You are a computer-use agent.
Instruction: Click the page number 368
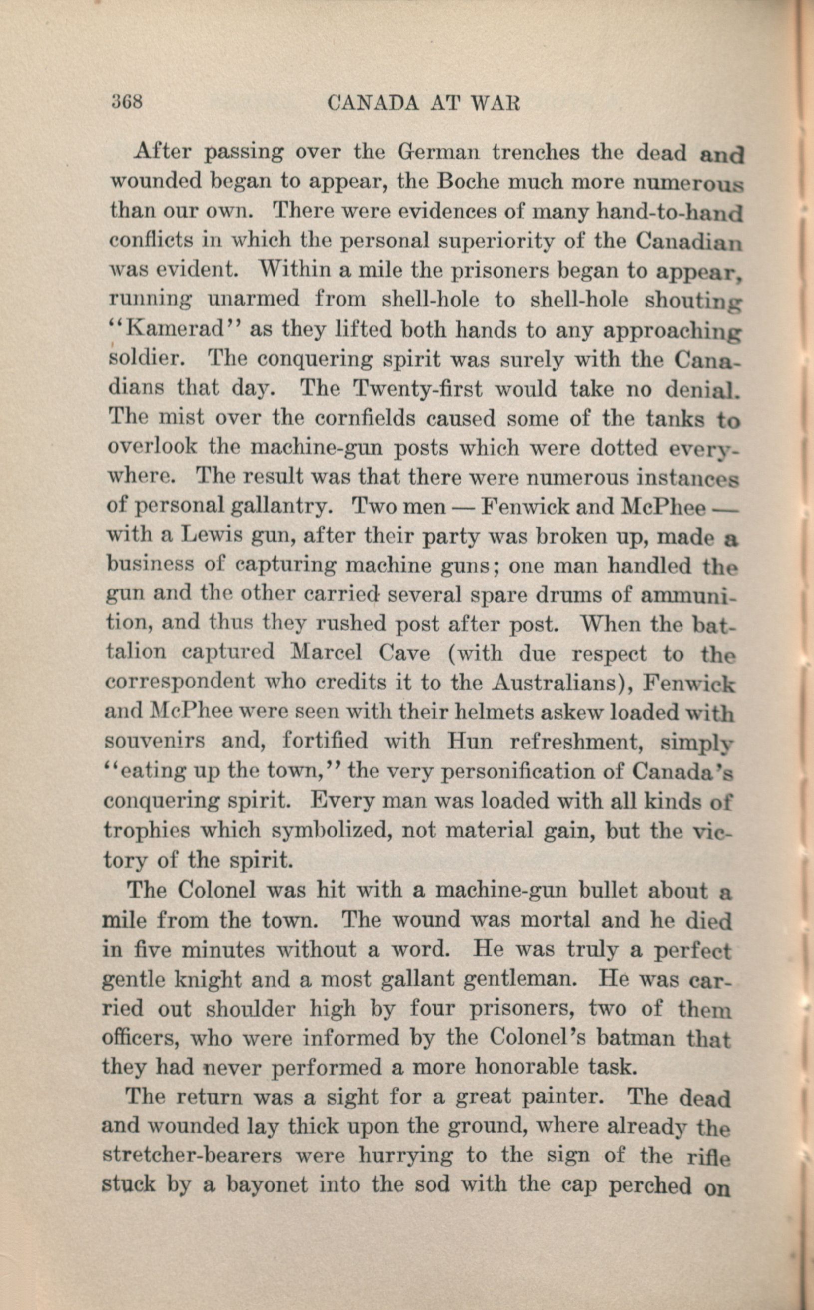click(x=127, y=101)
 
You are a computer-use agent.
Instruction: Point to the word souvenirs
click(x=154, y=741)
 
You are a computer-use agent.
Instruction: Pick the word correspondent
click(x=179, y=683)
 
